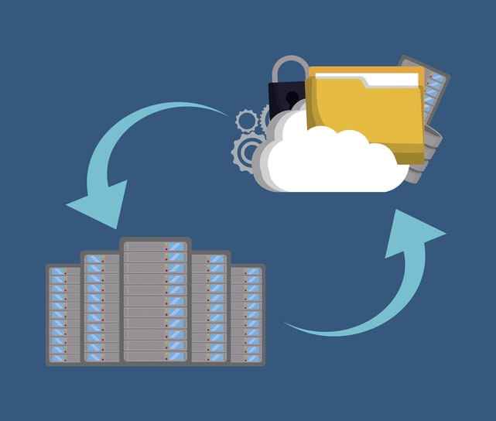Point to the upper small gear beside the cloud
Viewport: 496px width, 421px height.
tap(247, 121)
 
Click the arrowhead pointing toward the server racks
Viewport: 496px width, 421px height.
tap(101, 203)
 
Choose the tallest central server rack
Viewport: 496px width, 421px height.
tap(155, 302)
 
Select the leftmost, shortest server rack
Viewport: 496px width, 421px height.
tap(63, 313)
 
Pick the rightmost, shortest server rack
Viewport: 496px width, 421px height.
tap(247, 313)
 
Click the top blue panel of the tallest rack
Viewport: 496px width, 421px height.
tap(176, 247)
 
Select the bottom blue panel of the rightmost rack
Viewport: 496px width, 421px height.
tap(253, 358)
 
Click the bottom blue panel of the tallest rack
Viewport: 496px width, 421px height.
tap(176, 356)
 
